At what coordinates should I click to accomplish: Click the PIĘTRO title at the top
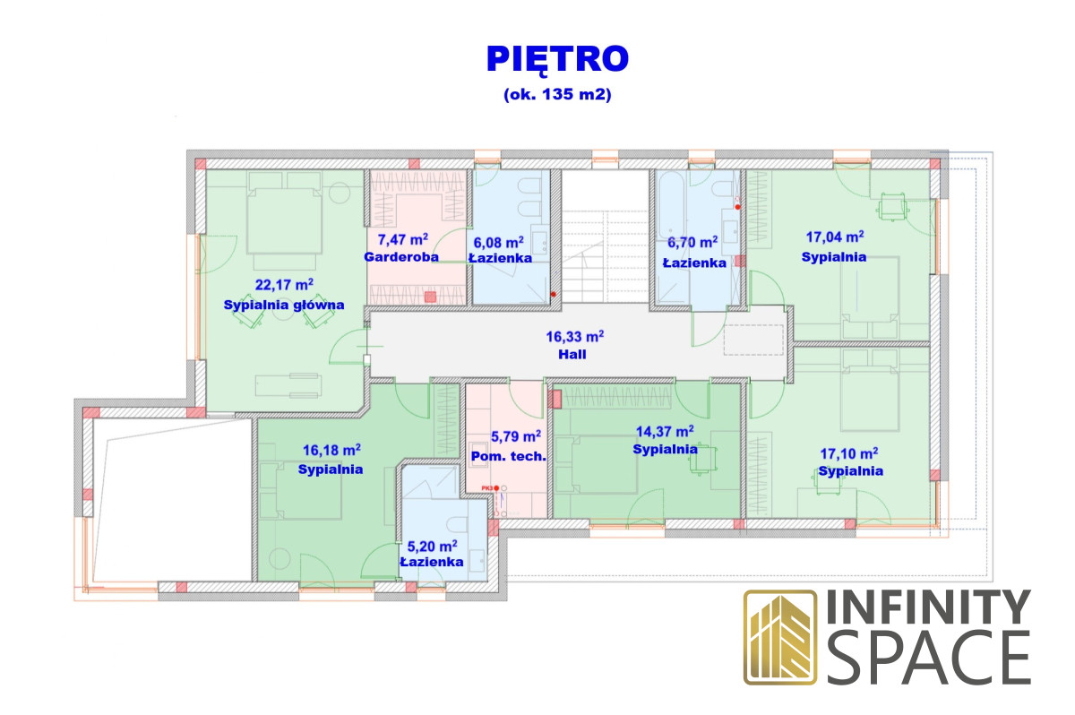tap(557, 60)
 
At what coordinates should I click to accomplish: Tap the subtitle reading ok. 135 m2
tap(557, 94)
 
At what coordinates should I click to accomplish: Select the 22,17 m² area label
tap(284, 285)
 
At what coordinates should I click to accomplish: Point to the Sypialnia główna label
tap(284, 306)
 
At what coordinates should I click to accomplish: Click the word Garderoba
tap(401, 257)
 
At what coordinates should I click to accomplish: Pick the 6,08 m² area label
tap(499, 242)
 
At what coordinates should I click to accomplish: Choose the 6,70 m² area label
tap(692, 242)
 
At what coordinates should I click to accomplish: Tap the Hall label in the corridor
tap(572, 355)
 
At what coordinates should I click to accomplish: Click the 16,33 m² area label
tap(574, 336)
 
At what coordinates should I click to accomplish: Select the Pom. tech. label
tap(509, 456)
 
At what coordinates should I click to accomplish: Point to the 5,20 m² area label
tap(432, 546)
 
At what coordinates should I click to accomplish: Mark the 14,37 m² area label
tap(665, 431)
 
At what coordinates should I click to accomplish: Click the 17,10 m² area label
tap(849, 453)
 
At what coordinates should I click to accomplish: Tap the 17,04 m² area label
tap(835, 237)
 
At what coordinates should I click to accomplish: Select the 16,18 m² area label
tap(331, 450)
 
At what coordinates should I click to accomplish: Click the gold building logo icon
tap(780, 637)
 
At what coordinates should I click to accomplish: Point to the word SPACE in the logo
tap(929, 658)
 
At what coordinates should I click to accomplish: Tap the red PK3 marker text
tap(487, 488)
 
